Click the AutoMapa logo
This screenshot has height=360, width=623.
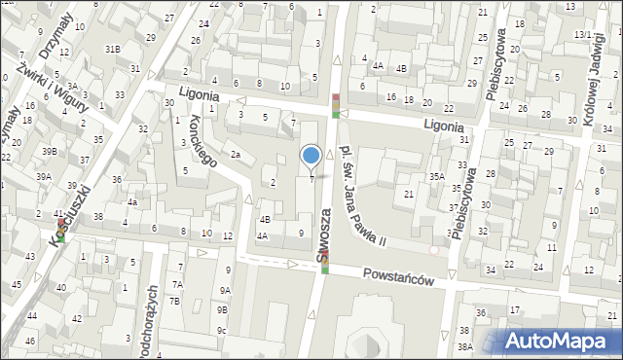tap(562, 341)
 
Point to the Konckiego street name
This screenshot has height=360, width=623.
tap(199, 139)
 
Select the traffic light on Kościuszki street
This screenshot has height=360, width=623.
tap(61, 230)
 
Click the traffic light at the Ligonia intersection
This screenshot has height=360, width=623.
tap(336, 105)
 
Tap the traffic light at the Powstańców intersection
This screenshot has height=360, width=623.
tap(325, 260)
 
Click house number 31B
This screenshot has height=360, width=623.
tap(113, 49)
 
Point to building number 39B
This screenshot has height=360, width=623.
tap(48, 152)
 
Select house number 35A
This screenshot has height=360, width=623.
tap(436, 177)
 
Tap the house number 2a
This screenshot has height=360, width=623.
tap(235, 154)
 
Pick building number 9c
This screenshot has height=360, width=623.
tap(222, 331)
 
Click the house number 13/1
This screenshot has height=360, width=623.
tap(582, 34)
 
